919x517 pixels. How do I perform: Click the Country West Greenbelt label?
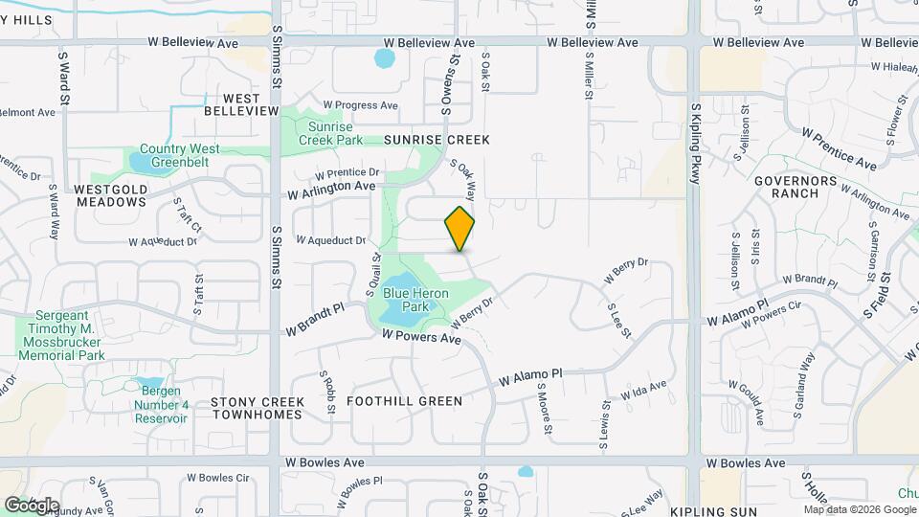point(179,155)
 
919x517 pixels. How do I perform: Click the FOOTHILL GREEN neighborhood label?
point(405,401)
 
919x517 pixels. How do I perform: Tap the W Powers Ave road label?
point(421,338)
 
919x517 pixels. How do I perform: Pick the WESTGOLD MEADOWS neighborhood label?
point(111,195)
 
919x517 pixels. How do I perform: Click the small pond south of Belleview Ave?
point(385,59)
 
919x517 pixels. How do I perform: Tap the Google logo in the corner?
point(32,505)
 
